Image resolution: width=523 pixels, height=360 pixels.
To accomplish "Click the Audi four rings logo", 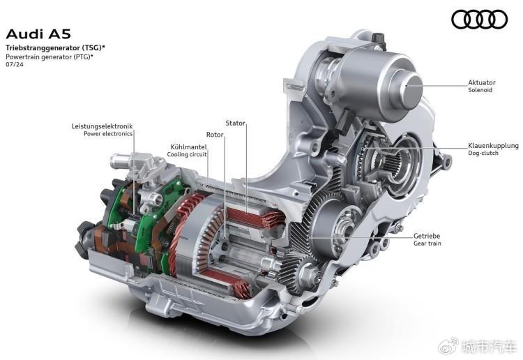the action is [x=479, y=20].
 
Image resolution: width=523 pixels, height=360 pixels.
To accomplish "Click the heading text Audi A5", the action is [x=38, y=34].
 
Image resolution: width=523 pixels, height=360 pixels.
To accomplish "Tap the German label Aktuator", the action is [x=482, y=82].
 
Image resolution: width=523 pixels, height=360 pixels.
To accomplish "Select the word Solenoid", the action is [x=480, y=90].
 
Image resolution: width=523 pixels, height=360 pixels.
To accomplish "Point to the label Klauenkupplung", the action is [x=493, y=146].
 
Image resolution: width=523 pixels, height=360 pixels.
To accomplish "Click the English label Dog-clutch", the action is [x=483, y=153].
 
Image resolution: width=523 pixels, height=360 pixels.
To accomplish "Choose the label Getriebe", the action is [x=427, y=236].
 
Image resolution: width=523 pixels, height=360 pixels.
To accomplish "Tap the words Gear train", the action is [x=427, y=243].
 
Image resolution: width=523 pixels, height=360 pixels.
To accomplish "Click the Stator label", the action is [x=235, y=123].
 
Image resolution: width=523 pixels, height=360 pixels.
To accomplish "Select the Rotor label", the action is [x=215, y=135].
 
